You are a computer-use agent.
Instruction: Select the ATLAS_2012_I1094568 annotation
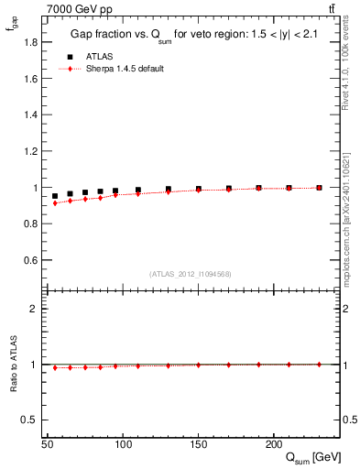point(191,273)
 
